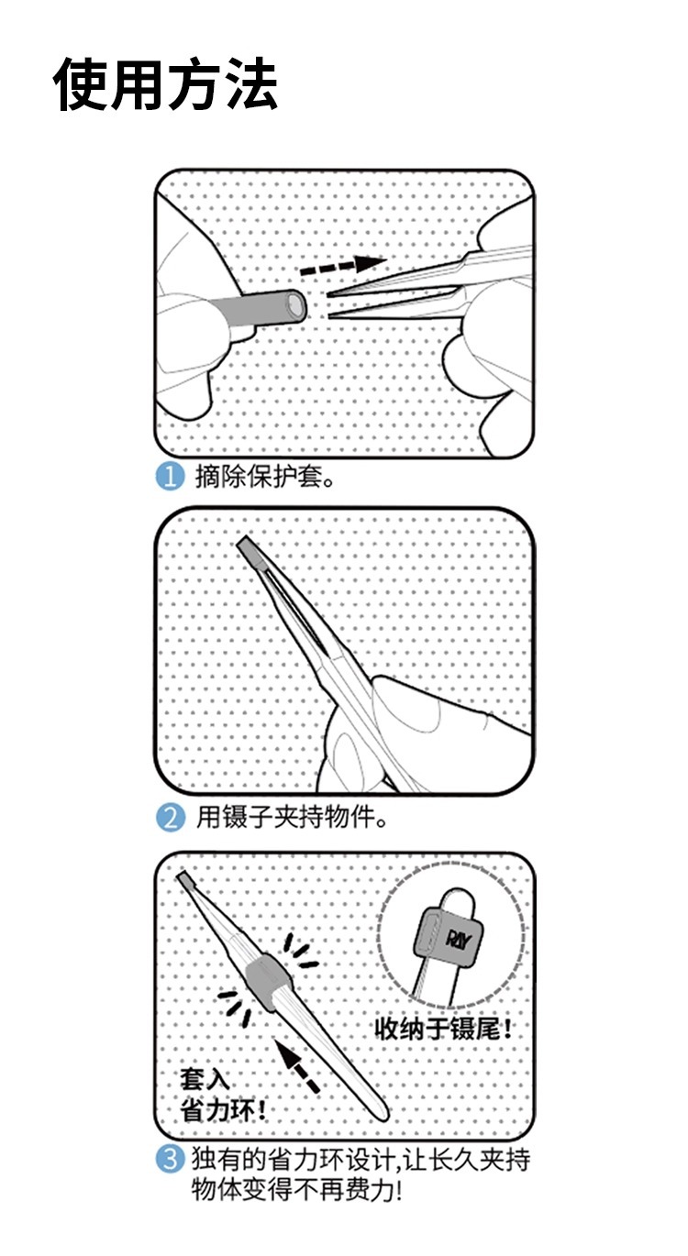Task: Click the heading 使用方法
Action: [x=165, y=84]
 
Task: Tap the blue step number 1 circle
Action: [x=170, y=477]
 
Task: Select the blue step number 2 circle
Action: [x=170, y=818]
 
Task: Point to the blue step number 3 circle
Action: [x=170, y=1160]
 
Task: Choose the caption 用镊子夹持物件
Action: [x=291, y=817]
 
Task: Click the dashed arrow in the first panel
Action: [x=343, y=266]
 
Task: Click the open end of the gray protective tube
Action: [x=296, y=305]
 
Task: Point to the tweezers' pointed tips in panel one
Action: [x=330, y=306]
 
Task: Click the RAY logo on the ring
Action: [x=459, y=939]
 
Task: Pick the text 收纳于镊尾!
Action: [x=443, y=1029]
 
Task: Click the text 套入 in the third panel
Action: [x=205, y=1078]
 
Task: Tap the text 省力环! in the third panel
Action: [x=223, y=1109]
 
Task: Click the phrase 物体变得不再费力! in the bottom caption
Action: [x=297, y=1189]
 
